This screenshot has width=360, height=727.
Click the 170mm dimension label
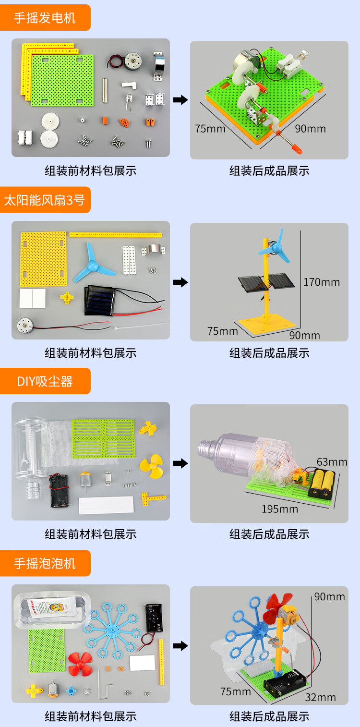321,282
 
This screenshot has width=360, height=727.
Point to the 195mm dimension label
279,509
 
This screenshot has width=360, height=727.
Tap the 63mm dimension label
332,462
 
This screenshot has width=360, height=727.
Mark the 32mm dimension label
320,697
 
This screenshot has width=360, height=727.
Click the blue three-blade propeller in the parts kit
93,262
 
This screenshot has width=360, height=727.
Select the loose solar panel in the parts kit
99,300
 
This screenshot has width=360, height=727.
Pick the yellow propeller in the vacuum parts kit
151,464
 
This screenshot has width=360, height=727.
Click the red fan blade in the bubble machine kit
79,664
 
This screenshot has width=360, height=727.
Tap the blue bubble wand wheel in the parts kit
111,629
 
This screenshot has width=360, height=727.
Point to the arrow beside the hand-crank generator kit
180,100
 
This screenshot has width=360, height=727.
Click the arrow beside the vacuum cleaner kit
180,463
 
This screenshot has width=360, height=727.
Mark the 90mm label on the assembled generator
310,129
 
